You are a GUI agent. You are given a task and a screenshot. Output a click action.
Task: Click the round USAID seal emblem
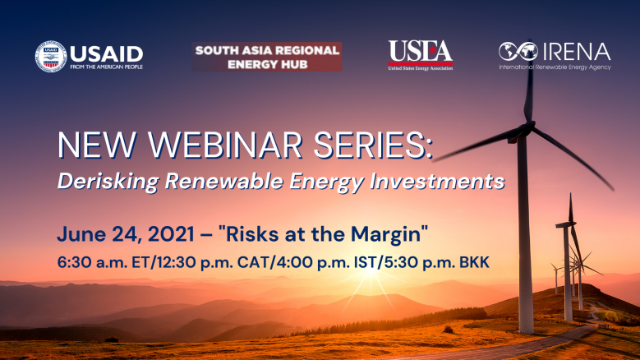pyautogui.click(x=51, y=57)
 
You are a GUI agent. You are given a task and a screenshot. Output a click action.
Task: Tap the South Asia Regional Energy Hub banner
pyautogui.click(x=267, y=57)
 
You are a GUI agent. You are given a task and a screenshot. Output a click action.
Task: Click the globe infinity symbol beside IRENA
pyautogui.click(x=518, y=52)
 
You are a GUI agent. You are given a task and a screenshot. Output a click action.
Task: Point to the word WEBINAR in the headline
pyautogui.click(x=225, y=145)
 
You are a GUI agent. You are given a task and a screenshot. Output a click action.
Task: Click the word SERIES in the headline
pyautogui.click(x=373, y=145)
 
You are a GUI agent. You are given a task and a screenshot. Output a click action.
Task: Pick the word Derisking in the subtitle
pyautogui.click(x=108, y=181)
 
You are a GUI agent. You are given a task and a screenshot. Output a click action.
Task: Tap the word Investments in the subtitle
pyautogui.click(x=437, y=181)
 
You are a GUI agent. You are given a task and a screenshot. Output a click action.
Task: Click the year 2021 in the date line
pyautogui.click(x=171, y=234)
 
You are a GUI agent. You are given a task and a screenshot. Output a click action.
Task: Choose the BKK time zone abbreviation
pyautogui.click(x=474, y=262)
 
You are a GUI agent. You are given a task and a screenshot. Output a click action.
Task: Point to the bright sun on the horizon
pyautogui.click(x=371, y=270)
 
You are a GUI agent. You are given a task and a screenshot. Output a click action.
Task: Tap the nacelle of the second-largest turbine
pyautogui.click(x=565, y=224)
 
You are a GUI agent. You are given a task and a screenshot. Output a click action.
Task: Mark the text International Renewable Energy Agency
pyautogui.click(x=555, y=67)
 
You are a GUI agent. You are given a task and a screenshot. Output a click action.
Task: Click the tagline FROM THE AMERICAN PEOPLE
pyautogui.click(x=107, y=67)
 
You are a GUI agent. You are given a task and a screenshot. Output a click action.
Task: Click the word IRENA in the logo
pyautogui.click(x=577, y=52)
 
